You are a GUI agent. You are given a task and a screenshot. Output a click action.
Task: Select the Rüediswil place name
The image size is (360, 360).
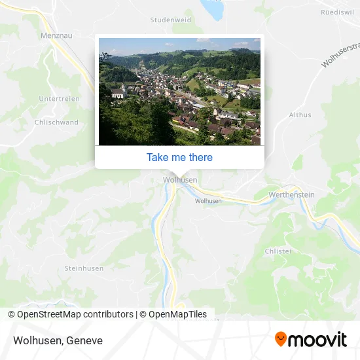338,12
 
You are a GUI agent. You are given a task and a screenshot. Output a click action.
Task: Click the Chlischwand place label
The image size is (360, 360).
56,122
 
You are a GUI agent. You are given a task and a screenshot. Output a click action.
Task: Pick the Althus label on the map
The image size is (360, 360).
300,115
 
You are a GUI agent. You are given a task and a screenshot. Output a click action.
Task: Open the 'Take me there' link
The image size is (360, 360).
179,157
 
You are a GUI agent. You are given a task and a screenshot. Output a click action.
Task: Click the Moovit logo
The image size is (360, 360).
311,340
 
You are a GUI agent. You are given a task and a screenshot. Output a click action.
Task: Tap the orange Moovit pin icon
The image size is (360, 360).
281,340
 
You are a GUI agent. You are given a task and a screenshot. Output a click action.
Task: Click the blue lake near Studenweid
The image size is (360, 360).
213,10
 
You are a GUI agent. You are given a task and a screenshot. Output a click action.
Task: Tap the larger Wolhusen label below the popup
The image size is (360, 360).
179,179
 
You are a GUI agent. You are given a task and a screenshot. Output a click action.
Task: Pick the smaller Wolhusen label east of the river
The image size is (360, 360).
207,201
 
